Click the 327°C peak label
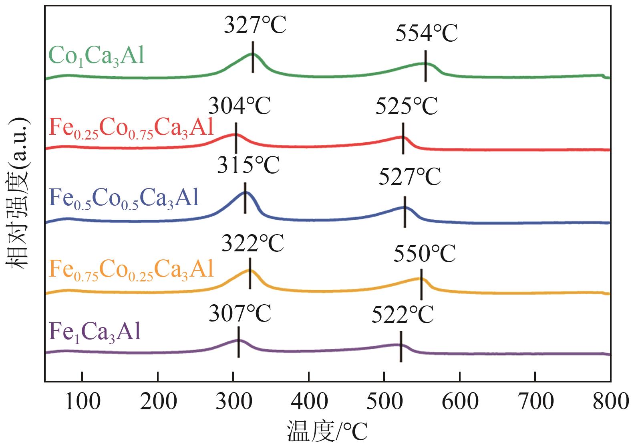[x=255, y=26]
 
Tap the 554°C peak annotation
[x=426, y=34]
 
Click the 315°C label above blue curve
[x=248, y=165]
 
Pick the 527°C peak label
[x=410, y=177]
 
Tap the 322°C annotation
[x=253, y=243]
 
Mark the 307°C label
[x=240, y=314]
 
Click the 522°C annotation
[x=403, y=314]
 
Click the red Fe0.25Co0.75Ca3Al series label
[x=131, y=129]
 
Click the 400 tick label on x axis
[x=309, y=401]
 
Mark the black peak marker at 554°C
[x=425, y=66]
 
